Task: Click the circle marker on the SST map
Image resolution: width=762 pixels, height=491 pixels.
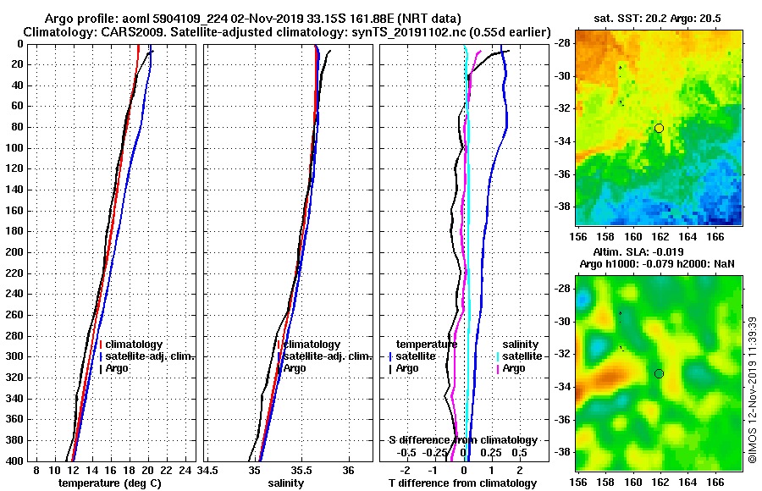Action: pos(659,128)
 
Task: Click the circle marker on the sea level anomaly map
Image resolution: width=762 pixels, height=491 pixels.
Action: pos(659,373)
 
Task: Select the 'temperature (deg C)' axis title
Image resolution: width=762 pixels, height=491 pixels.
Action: pos(109,483)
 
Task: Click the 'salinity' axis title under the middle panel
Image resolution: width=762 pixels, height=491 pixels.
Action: pos(285,483)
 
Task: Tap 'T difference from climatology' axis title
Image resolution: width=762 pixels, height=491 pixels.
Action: pos(462,483)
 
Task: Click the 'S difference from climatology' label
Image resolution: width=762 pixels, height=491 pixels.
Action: pos(462,440)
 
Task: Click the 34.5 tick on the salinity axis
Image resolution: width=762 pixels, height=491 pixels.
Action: pos(208,470)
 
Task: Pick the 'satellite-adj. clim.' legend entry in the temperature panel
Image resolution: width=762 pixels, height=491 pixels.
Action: pos(150,356)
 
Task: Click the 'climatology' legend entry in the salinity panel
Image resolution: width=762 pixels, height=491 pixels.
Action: pos(311,345)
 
